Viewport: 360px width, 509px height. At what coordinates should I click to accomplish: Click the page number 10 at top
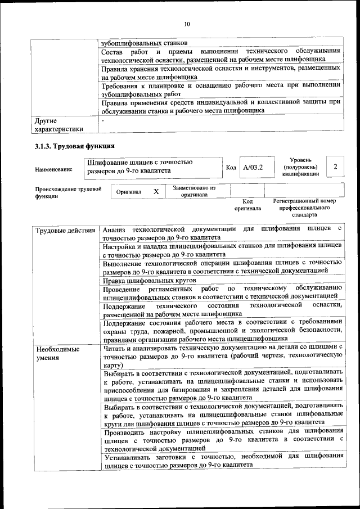point(187,24)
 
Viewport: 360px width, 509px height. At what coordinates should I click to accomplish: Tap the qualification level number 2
point(335,166)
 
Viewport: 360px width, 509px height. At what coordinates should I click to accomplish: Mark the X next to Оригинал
point(156,192)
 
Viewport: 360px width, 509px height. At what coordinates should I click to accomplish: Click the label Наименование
point(53,169)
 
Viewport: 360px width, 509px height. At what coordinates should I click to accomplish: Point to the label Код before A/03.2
point(231,168)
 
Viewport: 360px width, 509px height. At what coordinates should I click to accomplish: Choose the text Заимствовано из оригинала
point(194,191)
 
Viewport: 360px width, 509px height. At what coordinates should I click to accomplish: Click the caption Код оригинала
point(247,205)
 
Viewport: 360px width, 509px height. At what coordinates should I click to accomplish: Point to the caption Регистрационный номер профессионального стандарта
point(304,208)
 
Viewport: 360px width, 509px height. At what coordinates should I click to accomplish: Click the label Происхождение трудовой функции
point(67,193)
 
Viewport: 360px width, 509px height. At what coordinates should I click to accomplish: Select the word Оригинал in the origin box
point(129,192)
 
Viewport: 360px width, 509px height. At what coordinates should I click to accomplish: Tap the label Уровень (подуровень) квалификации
point(304,167)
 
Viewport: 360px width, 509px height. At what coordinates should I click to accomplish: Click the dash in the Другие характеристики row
point(102,121)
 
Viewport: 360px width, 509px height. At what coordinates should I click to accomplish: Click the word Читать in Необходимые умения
point(116,349)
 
